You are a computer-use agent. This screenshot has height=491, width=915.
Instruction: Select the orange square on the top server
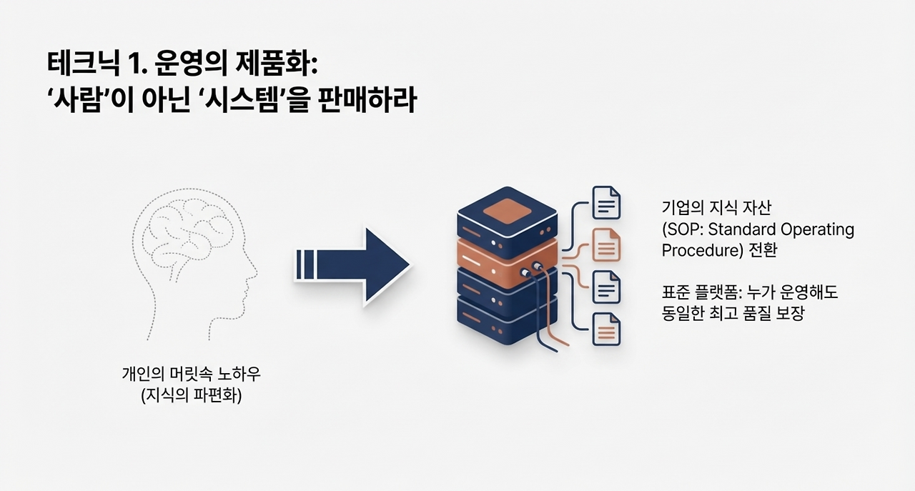point(507,209)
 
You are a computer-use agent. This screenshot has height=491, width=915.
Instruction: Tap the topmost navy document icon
point(606,202)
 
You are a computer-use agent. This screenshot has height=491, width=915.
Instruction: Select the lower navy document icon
point(606,287)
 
